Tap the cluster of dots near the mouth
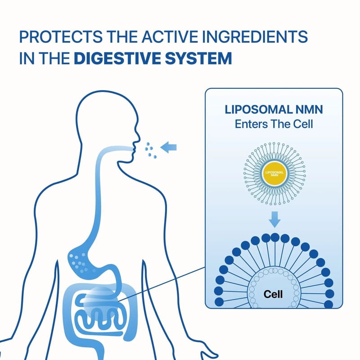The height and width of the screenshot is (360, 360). pos(151,150)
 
